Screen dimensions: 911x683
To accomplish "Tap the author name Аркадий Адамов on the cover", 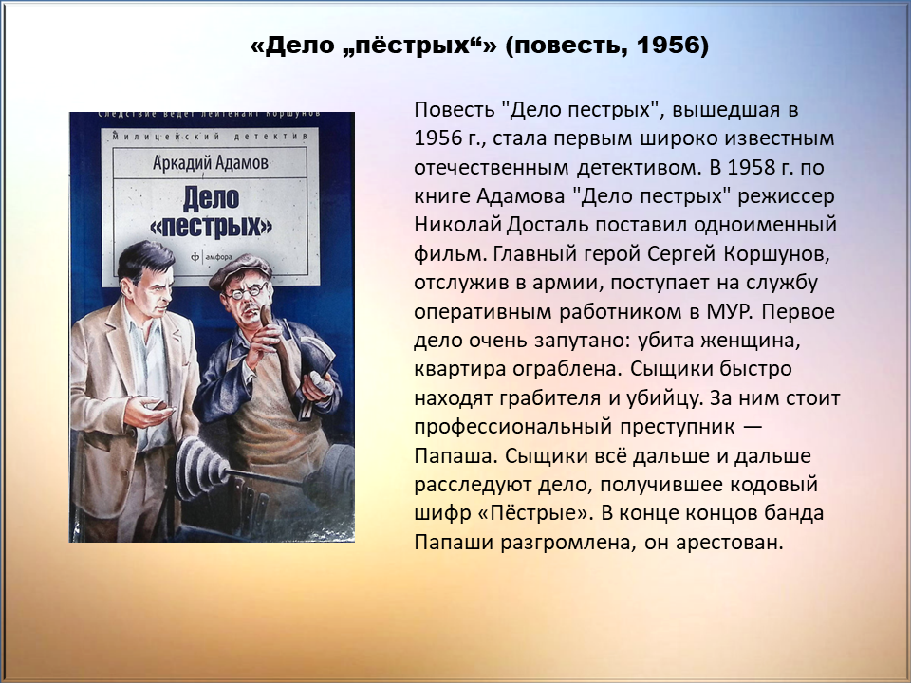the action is tap(211, 162).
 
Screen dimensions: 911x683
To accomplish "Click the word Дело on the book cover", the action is tap(211, 197).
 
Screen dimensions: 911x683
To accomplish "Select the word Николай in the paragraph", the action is tap(457, 224).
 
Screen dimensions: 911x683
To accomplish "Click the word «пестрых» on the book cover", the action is tap(211, 227).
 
